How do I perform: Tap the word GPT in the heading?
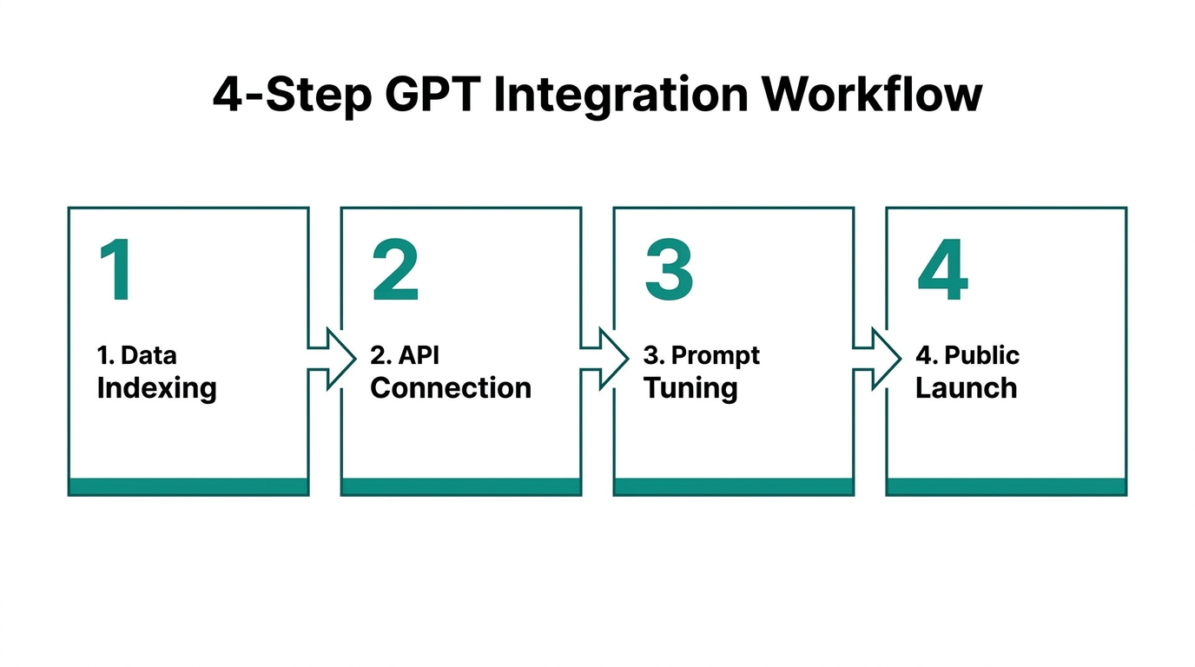tap(430, 95)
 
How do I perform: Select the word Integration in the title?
tap(620, 95)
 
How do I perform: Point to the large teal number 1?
tap(116, 271)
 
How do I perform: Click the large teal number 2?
tap(395, 271)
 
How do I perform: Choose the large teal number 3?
tap(669, 271)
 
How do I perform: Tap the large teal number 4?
tap(942, 271)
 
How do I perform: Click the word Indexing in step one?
tap(156, 388)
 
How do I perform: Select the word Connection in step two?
tap(451, 387)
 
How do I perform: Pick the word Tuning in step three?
tap(690, 388)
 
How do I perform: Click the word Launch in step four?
tap(966, 387)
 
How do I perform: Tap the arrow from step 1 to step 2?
tap(331, 357)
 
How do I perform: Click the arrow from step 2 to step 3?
tap(604, 357)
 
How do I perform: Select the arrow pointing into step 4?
tap(876, 357)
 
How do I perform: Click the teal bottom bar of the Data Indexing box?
tap(188, 486)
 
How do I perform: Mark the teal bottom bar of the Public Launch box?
tap(1006, 486)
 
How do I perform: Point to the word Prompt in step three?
tap(716, 356)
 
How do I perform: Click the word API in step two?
tap(419, 355)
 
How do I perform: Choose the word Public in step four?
tap(981, 355)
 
